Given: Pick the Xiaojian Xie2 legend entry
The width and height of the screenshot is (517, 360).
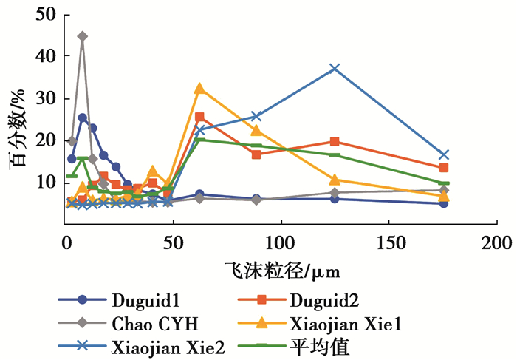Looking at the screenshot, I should coord(165,345).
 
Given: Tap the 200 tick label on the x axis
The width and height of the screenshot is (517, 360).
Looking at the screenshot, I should coord(496,242).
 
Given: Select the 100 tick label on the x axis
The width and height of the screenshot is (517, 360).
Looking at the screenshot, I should coord(281,242).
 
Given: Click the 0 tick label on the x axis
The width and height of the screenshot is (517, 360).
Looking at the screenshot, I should coord(66,242).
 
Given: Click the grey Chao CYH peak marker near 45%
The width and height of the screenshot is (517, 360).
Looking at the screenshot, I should coord(82,36).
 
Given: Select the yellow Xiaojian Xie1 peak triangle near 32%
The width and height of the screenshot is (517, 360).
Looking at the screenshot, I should coord(199,88).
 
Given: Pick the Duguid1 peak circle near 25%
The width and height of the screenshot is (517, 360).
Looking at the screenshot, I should coord(83,118).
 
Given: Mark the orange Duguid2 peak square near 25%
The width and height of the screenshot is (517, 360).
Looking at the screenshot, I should coord(199,117).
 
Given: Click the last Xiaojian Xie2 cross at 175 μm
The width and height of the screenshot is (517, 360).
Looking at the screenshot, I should coord(443,154).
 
